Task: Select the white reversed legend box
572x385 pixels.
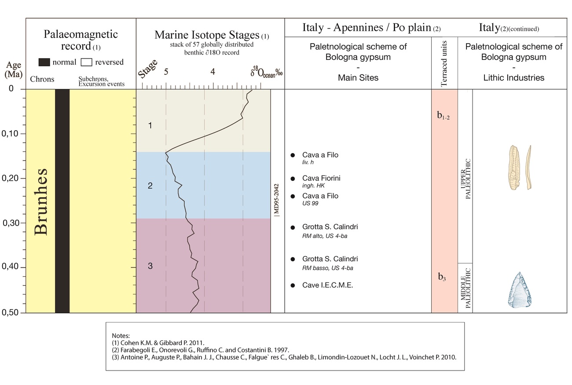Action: pyautogui.click(x=87, y=62)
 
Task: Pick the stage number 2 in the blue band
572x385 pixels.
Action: pyautogui.click(x=150, y=186)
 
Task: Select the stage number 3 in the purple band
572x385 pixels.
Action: pyautogui.click(x=150, y=266)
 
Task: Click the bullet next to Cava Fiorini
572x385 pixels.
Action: pyautogui.click(x=293, y=178)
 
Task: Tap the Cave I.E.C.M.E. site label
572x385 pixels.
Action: pyautogui.click(x=327, y=285)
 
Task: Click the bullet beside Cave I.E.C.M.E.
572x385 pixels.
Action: pyautogui.click(x=293, y=286)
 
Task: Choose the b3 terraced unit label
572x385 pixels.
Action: pyautogui.click(x=443, y=277)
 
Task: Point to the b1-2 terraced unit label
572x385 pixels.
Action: pyautogui.click(x=443, y=116)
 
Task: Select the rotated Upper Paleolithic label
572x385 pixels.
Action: pyautogui.click(x=465, y=179)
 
